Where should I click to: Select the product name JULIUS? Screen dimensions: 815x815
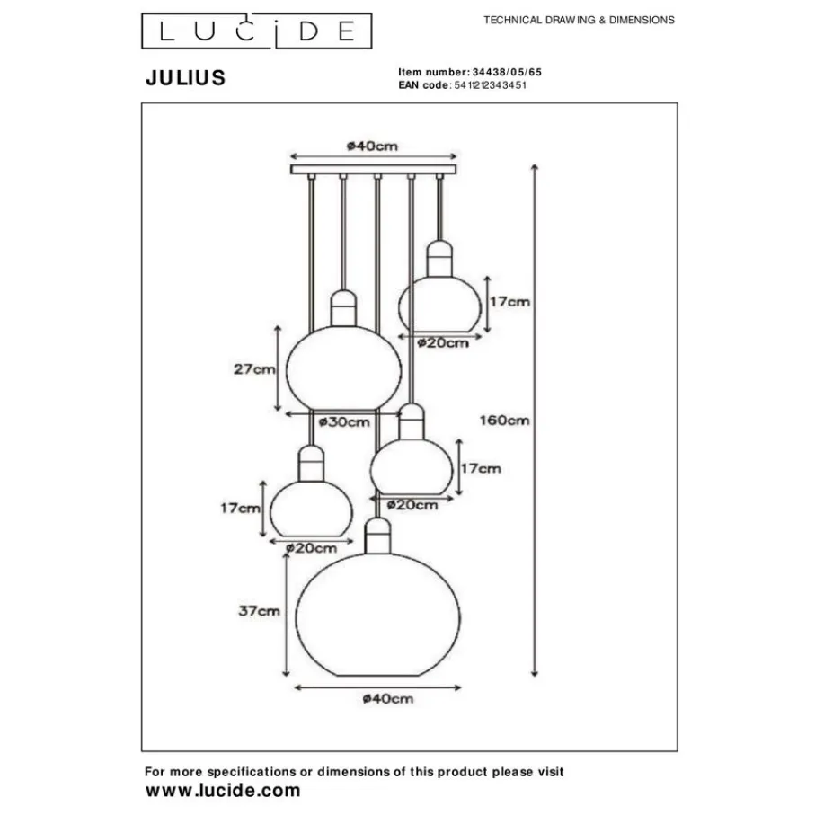pyautogui.click(x=186, y=78)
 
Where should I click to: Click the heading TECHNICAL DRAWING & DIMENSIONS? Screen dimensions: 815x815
pyautogui.click(x=579, y=19)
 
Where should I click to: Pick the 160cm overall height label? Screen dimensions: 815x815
pyautogui.click(x=505, y=420)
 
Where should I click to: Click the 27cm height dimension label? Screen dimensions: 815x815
pyautogui.click(x=253, y=368)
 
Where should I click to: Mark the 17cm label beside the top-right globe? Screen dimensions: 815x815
pyautogui.click(x=509, y=302)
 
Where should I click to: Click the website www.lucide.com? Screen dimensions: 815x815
pyautogui.click(x=223, y=791)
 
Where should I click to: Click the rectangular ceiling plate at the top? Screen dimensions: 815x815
pyautogui.click(x=375, y=168)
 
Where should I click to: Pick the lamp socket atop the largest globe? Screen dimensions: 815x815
pyautogui.click(x=378, y=537)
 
